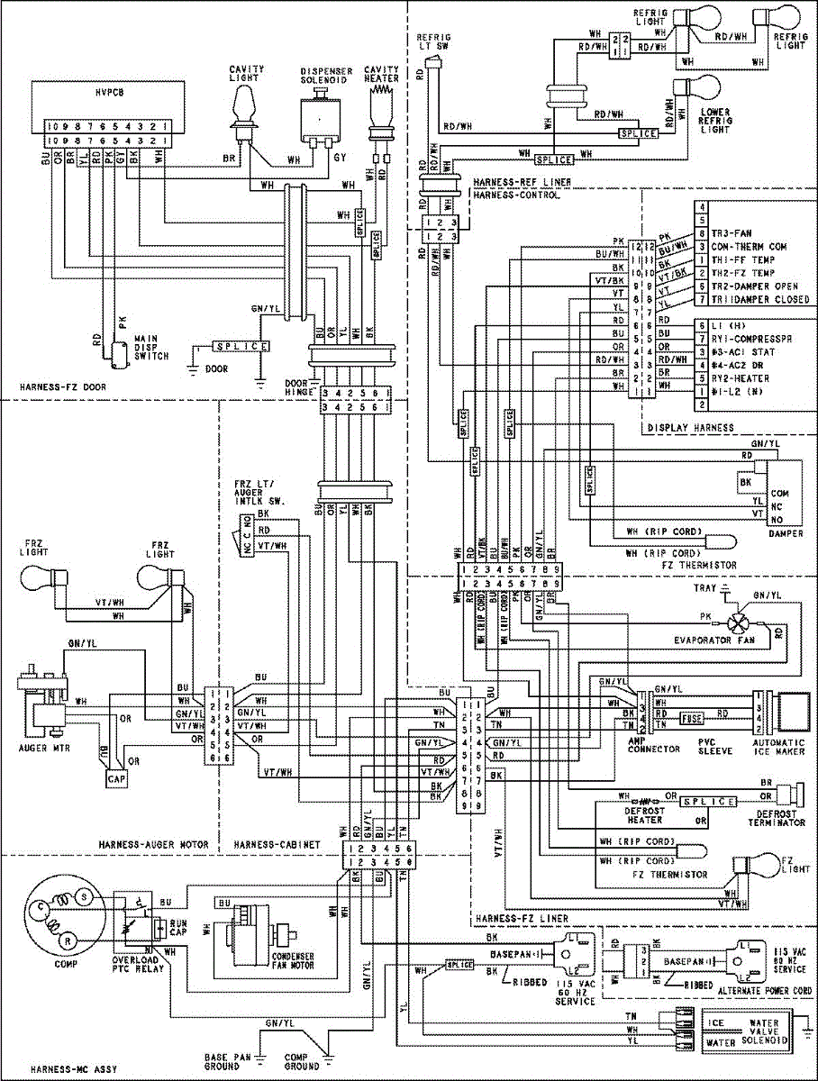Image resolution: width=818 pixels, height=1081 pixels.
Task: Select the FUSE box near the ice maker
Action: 692,719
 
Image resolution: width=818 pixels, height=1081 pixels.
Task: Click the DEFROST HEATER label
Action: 645,814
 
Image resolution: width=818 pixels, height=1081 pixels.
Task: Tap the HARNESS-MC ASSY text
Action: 61,1069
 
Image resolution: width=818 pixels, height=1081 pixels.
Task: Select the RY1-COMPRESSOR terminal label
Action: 749,340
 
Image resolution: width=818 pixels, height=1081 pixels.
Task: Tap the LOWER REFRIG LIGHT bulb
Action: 702,93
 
